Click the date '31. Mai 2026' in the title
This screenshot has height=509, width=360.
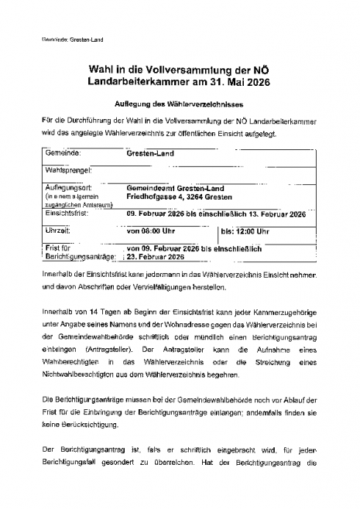tap(232, 82)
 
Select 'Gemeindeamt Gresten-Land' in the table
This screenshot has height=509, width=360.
tap(173, 187)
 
